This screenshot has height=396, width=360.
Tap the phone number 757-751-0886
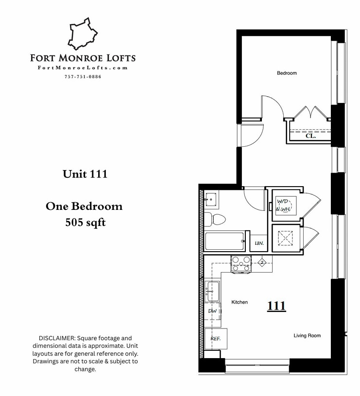(x=83, y=77)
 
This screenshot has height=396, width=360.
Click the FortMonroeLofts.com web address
(x=83, y=68)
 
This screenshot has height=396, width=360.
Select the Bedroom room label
(x=287, y=73)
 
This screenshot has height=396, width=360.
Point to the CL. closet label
(x=310, y=137)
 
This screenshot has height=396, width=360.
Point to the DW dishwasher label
(x=212, y=311)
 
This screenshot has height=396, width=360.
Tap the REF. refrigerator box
(x=216, y=339)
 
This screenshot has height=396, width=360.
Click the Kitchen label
(x=240, y=302)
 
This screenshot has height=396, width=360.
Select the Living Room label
(x=307, y=336)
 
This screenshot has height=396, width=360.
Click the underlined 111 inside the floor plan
(x=276, y=306)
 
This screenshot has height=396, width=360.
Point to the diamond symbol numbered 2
(x=261, y=263)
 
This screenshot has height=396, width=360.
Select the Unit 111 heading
(x=85, y=174)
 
